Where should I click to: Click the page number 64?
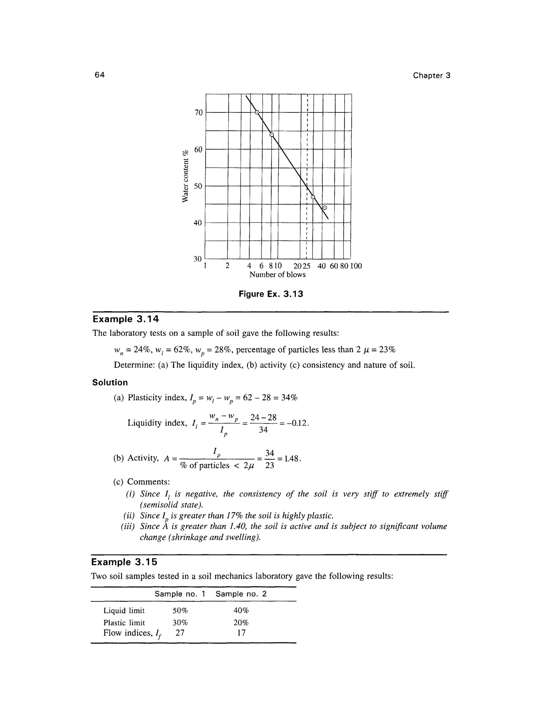tap(99, 75)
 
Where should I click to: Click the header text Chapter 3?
tap(431, 76)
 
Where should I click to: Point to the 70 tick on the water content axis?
tap(198, 113)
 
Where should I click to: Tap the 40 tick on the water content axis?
tap(198, 223)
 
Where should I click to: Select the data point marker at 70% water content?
tap(257, 113)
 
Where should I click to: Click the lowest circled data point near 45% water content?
tap(324, 208)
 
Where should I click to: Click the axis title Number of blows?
tap(277, 275)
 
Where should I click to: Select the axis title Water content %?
tap(186, 176)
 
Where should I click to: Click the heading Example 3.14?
tap(125, 319)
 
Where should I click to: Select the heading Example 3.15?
tap(124, 562)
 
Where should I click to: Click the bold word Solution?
tap(110, 383)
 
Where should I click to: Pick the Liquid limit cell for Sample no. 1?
tap(180, 611)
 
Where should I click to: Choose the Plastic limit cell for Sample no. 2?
tap(241, 623)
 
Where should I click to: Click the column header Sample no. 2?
tap(241, 594)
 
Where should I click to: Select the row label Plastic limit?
tap(124, 623)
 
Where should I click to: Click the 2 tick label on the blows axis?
tap(227, 266)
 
